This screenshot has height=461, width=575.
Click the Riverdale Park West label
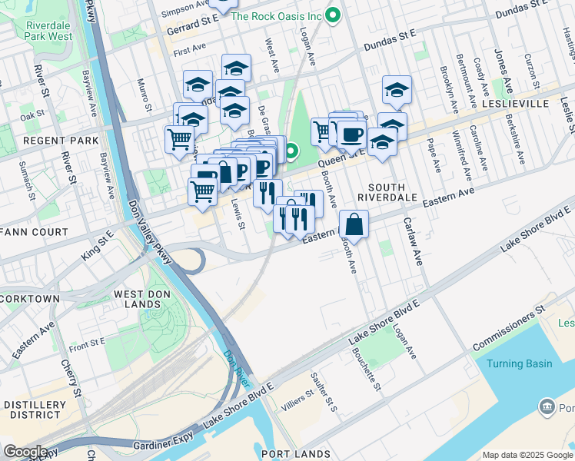pyautogui.click(x=49, y=31)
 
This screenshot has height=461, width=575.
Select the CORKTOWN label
pyautogui.click(x=30, y=298)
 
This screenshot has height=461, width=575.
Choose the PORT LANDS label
pyautogui.click(x=296, y=454)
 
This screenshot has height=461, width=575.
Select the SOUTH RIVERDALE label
pyautogui.click(x=392, y=193)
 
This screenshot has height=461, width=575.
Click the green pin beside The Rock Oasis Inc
pyautogui.click(x=333, y=15)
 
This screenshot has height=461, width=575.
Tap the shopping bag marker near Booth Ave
pyautogui.click(x=354, y=224)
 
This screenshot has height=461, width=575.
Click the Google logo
pyautogui.click(x=25, y=452)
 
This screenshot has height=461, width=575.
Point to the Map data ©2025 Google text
pyautogui.click(x=527, y=454)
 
